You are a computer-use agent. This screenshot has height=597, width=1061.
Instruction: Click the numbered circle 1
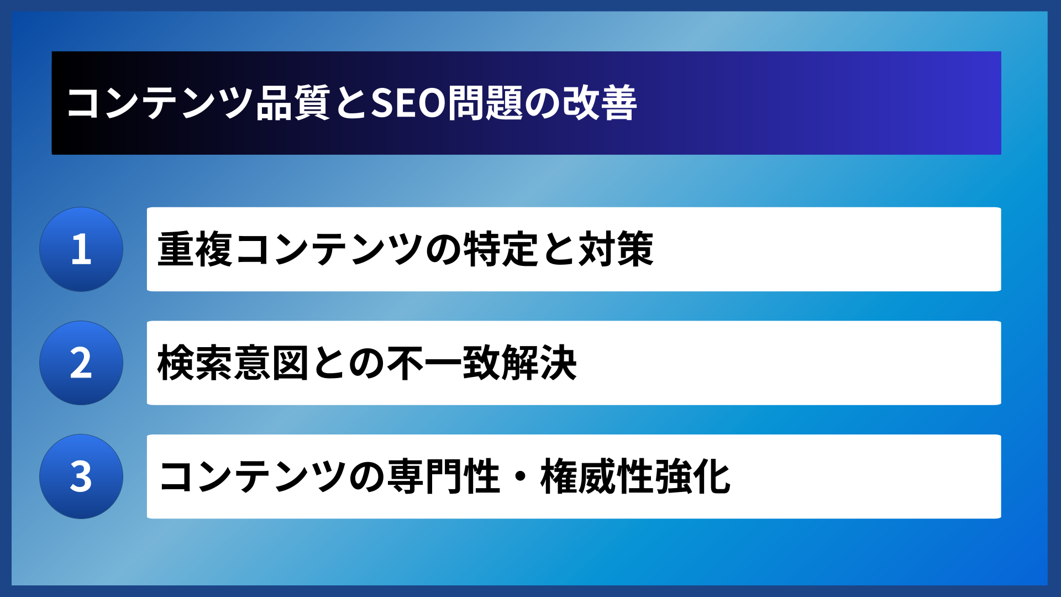(x=81, y=249)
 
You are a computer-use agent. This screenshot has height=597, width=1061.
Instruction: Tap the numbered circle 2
(x=81, y=363)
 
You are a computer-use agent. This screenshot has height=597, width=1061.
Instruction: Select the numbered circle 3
(x=81, y=476)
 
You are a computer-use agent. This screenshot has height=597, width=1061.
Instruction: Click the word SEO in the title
(x=408, y=103)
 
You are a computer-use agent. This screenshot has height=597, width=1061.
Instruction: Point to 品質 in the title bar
(x=293, y=103)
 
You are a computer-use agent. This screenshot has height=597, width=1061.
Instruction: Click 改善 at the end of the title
(x=600, y=103)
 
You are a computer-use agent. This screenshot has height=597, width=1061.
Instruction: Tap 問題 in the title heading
(x=485, y=103)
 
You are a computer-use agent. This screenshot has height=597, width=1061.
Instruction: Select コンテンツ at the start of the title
(x=160, y=103)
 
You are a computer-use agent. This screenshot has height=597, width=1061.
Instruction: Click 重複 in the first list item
(x=195, y=249)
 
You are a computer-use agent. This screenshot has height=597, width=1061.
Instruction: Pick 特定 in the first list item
(x=501, y=249)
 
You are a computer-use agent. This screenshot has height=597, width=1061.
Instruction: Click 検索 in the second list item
(x=195, y=363)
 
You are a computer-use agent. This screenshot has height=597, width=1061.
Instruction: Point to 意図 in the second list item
(x=271, y=363)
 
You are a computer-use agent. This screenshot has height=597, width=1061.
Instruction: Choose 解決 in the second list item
(x=539, y=363)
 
